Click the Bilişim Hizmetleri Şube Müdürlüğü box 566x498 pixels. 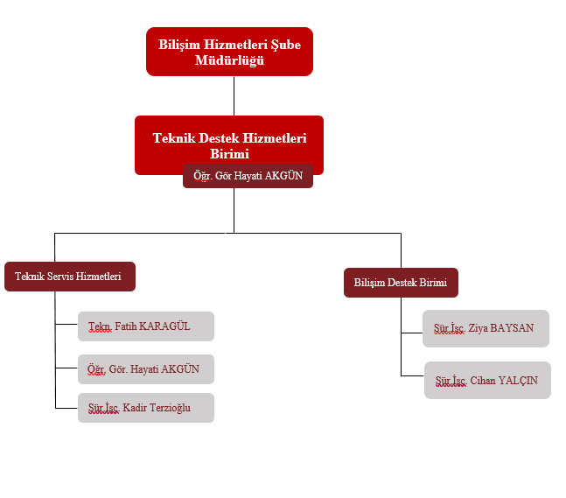pyautogui.click(x=229, y=51)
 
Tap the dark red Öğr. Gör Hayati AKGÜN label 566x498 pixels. pyautogui.click(x=248, y=176)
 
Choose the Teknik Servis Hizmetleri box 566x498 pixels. pyautogui.click(x=70, y=277)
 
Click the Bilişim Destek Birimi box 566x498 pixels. pyautogui.click(x=401, y=283)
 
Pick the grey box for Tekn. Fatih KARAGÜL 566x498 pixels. pyautogui.click(x=146, y=326)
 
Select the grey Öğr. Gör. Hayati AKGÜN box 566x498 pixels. pyautogui.click(x=146, y=369)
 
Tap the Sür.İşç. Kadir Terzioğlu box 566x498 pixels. pyautogui.click(x=146, y=408)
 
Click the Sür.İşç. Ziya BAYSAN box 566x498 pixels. pyautogui.click(x=486, y=328)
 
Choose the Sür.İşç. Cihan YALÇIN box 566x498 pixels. pyautogui.click(x=487, y=381)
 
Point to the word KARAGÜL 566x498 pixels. pyautogui.click(x=164, y=326)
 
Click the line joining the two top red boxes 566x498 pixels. pyautogui.click(x=234, y=95)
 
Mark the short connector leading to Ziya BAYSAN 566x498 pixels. pyautogui.click(x=412, y=333)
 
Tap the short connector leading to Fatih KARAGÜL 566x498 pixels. pyautogui.click(x=66, y=325)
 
